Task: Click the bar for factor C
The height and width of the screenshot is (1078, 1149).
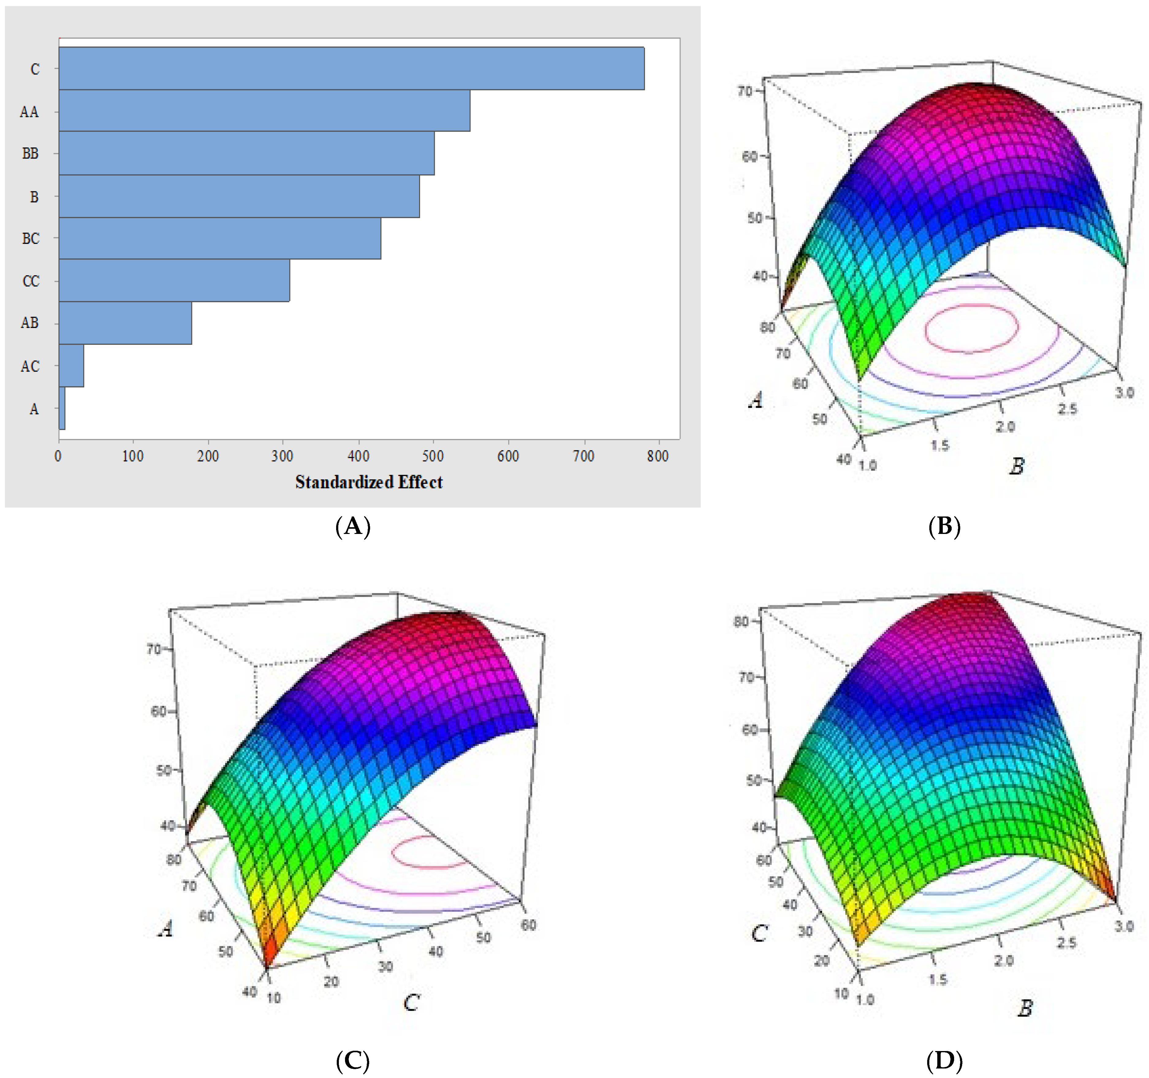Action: pos(351,68)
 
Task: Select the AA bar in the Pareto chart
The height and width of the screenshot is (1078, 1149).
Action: pos(264,110)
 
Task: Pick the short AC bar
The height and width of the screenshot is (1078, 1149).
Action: pos(71,365)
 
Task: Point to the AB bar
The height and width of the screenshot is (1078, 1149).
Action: pos(125,323)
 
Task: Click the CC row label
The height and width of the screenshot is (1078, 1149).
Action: pos(31,281)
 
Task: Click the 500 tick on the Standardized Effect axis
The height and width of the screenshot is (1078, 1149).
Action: pos(433,456)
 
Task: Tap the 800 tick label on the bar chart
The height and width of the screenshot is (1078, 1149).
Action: pos(658,456)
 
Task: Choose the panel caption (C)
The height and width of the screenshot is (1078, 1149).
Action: pos(353,1060)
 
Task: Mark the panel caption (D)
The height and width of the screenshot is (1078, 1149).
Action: pos(944,1060)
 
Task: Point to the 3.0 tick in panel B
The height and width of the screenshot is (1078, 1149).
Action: pos(1124,393)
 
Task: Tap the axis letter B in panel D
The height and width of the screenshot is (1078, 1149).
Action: pos(1025,1009)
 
